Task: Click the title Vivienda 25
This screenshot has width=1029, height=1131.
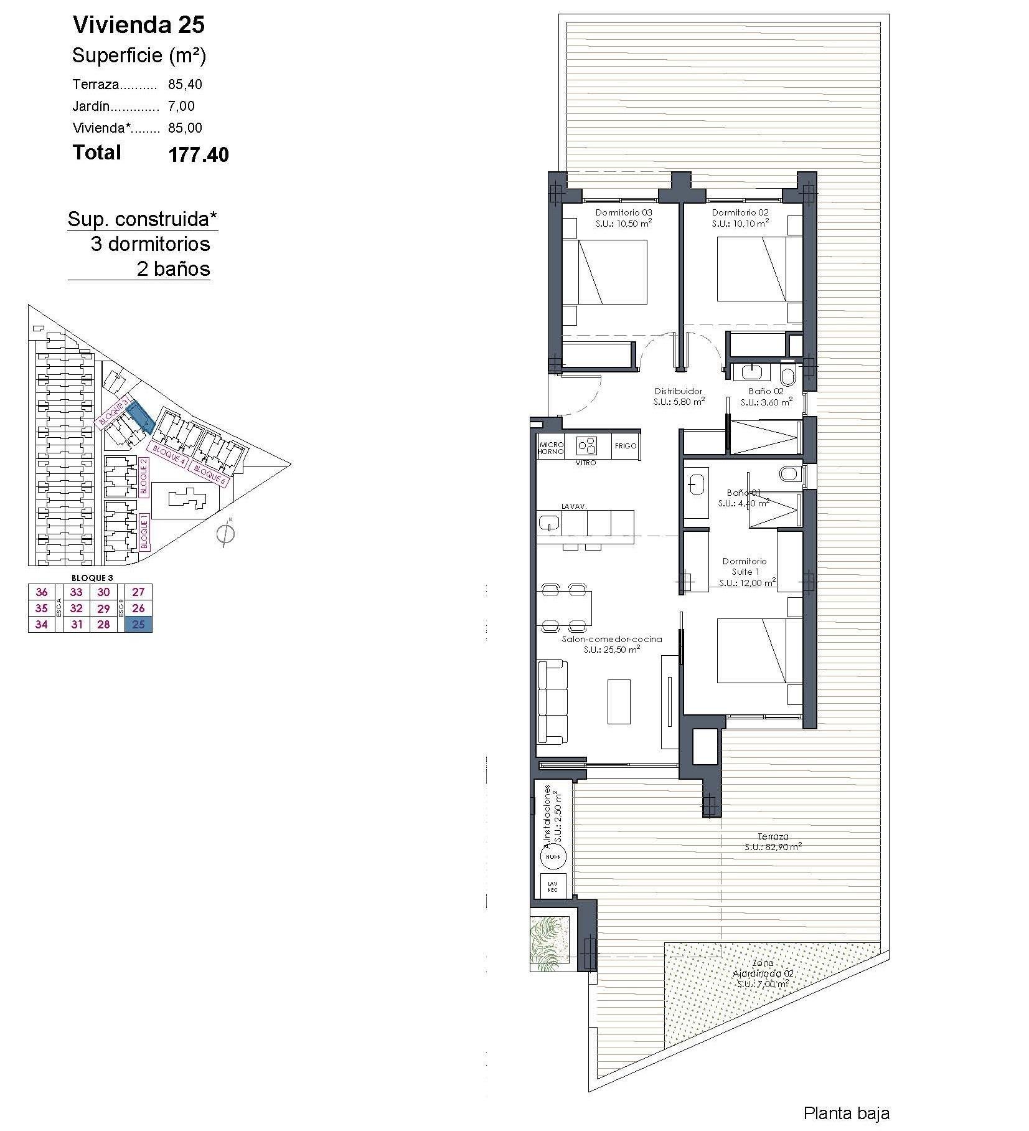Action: pyautogui.click(x=138, y=25)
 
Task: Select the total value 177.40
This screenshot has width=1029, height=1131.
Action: pyautogui.click(x=198, y=154)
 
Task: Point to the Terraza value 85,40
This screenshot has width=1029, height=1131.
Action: pyautogui.click(x=185, y=84)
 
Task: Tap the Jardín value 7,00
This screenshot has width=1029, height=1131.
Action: pyautogui.click(x=181, y=106)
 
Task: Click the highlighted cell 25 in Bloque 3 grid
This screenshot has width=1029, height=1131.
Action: pyautogui.click(x=138, y=624)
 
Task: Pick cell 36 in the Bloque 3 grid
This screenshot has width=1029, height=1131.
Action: pyautogui.click(x=42, y=592)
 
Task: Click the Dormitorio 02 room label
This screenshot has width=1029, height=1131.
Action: pyautogui.click(x=740, y=212)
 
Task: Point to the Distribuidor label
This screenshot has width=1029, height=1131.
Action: pyautogui.click(x=678, y=391)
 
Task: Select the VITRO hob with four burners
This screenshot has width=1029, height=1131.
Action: pyautogui.click(x=586, y=445)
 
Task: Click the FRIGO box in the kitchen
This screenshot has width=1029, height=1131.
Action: pyautogui.click(x=625, y=446)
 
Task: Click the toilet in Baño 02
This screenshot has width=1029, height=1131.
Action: pyautogui.click(x=787, y=376)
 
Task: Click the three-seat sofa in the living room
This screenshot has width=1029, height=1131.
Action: pyautogui.click(x=553, y=702)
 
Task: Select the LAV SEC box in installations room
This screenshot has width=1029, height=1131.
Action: pyautogui.click(x=552, y=887)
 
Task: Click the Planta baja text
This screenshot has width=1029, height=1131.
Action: pyautogui.click(x=846, y=1113)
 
